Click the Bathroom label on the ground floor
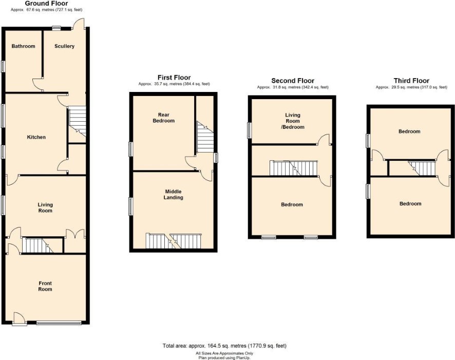pyautogui.click(x=23, y=46)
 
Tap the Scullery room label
pyautogui.click(x=64, y=46)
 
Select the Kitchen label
pyautogui.click(x=36, y=137)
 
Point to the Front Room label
pyautogui.click(x=45, y=286)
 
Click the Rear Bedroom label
pyautogui.click(x=164, y=118)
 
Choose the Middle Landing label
pyautogui.click(x=173, y=194)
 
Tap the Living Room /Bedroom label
pyautogui.click(x=293, y=121)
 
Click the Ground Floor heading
pyautogui.click(x=46, y=4)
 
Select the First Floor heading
pyautogui.click(x=174, y=78)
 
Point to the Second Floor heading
pyautogui.click(x=293, y=81)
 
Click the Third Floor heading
pyautogui.click(x=411, y=81)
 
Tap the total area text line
pyautogui.click(x=224, y=346)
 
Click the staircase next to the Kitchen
pyautogui.click(x=77, y=121)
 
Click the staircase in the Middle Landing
pyautogui.click(x=174, y=240)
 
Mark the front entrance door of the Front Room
pyautogui.click(x=20, y=319)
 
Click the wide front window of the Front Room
pyautogui.click(x=59, y=323)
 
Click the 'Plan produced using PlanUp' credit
pyautogui.click(x=224, y=357)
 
